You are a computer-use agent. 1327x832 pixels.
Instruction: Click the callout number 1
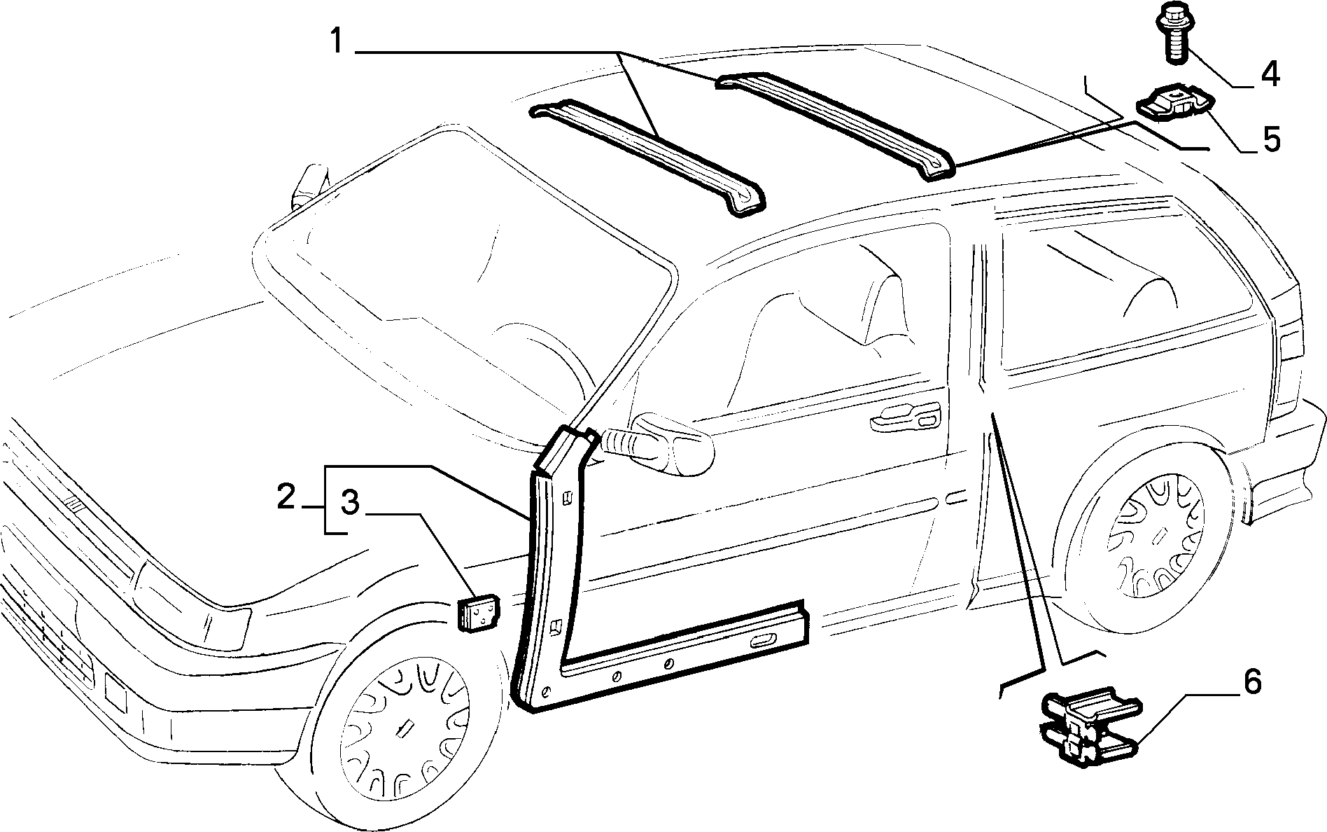[x=337, y=42]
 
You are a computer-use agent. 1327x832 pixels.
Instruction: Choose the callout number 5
[x=1270, y=139]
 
